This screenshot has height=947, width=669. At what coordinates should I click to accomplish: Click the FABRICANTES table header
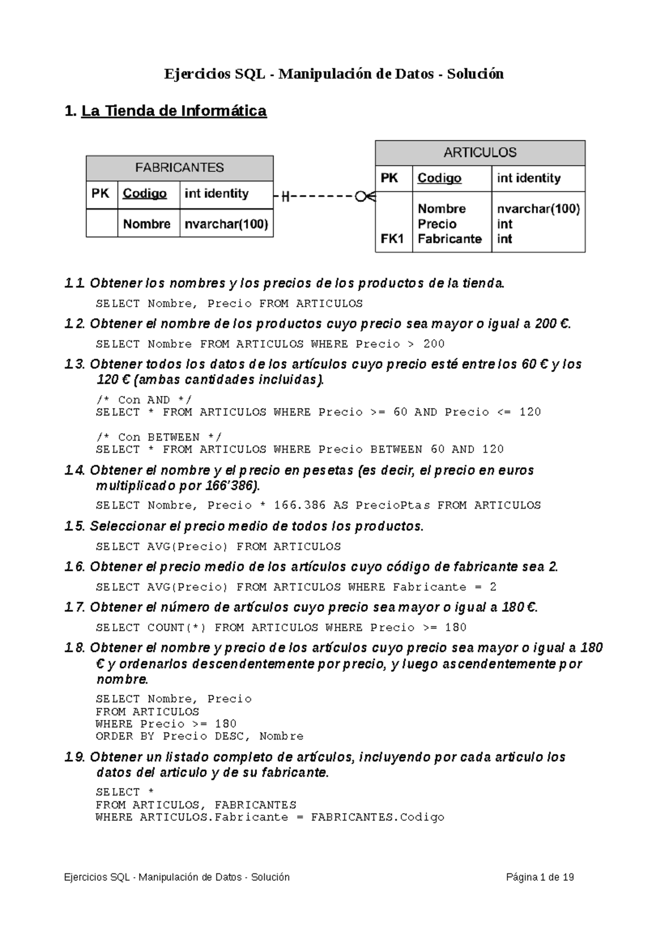[180, 168]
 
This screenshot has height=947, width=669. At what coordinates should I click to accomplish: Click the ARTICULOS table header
[480, 152]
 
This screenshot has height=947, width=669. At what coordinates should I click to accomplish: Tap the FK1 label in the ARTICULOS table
[392, 239]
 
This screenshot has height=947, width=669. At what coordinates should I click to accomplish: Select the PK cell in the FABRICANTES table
[100, 194]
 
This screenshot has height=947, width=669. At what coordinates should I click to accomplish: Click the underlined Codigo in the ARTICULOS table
[439, 178]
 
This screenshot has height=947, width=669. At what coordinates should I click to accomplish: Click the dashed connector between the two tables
[323, 196]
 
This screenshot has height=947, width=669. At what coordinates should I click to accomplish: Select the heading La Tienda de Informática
[174, 111]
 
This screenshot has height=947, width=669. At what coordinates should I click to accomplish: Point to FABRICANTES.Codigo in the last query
[377, 817]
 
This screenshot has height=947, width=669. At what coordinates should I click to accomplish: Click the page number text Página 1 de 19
[540, 877]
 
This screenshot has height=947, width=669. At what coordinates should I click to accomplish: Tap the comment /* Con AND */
[143, 400]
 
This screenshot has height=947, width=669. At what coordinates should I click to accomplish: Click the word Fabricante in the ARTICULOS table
[449, 239]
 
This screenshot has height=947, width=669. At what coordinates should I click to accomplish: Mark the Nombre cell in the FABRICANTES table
[147, 224]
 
